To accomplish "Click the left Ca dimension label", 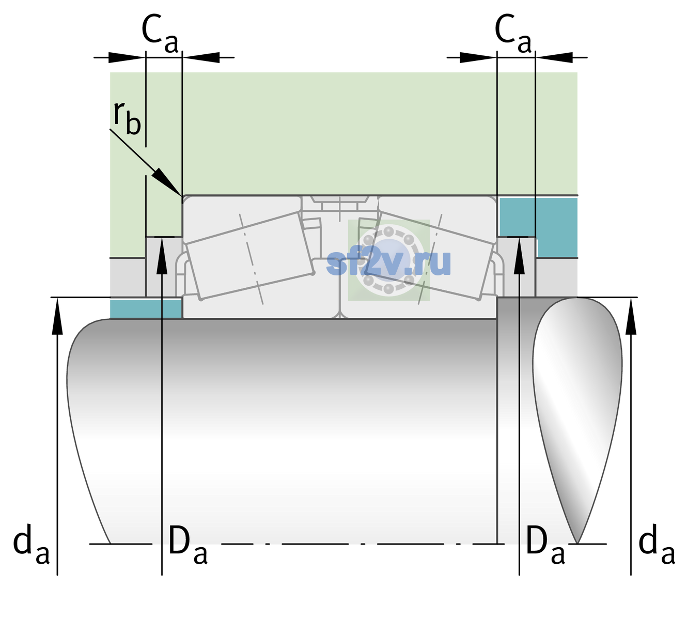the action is [160, 34].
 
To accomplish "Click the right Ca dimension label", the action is [513, 34].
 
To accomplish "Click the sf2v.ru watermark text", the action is [389, 262].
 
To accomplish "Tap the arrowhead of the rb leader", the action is [167, 181].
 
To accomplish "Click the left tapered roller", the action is [249, 255].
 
